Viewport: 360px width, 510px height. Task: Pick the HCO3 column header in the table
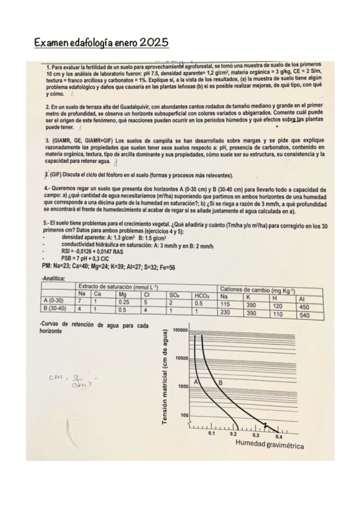tap(201, 295)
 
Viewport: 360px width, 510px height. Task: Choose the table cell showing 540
tap(304, 315)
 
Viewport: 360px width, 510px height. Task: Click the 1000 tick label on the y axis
tap(184, 387)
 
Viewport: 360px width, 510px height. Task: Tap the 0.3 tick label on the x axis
tap(256, 434)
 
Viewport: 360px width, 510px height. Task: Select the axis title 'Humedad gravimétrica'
tap(269, 446)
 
